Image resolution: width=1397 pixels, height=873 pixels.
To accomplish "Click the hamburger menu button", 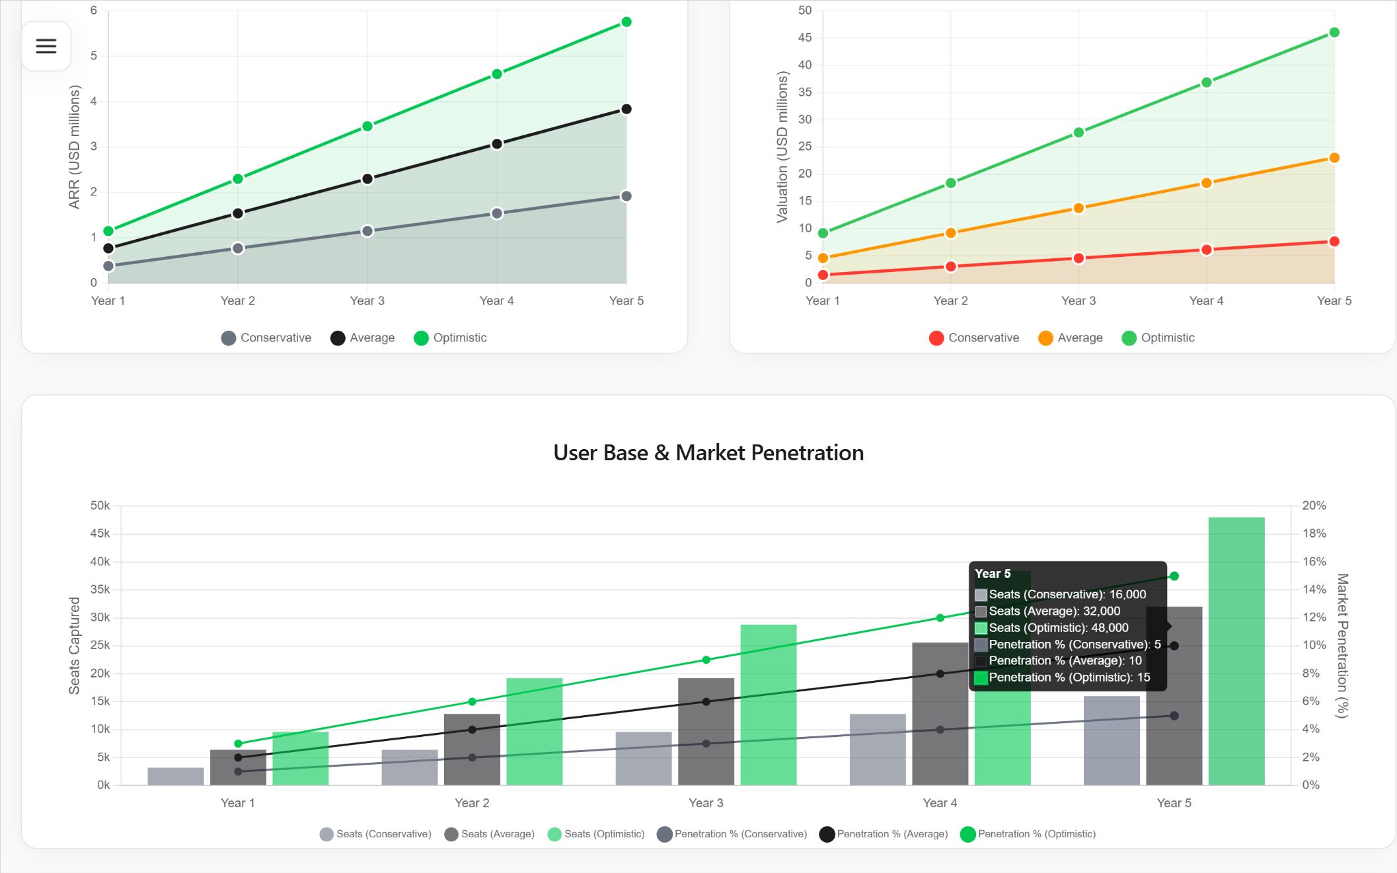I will pyautogui.click(x=46, y=46).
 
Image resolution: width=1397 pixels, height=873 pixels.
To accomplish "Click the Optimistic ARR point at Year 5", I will pyautogui.click(x=626, y=22).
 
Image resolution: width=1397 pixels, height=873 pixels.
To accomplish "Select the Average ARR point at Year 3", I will pyautogui.click(x=367, y=179).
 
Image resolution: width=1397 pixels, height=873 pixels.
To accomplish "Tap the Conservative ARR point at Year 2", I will pyautogui.click(x=238, y=248).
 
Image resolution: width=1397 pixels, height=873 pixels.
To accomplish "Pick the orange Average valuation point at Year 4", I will pyautogui.click(x=1207, y=183).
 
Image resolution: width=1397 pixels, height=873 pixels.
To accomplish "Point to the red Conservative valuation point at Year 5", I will pyautogui.click(x=1334, y=242).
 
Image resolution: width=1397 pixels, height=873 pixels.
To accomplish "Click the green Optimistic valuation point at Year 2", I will pyautogui.click(x=951, y=183).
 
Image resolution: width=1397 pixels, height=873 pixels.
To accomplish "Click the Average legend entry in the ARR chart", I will pyautogui.click(x=363, y=338).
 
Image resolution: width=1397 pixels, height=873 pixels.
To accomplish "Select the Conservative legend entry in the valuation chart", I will pyautogui.click(x=974, y=338).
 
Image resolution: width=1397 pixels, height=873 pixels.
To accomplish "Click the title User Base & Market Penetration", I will pyautogui.click(x=708, y=453).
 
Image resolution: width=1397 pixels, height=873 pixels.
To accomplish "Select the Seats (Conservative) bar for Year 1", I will pyautogui.click(x=176, y=777).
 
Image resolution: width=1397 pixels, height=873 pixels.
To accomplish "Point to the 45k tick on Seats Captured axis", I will pyautogui.click(x=100, y=534).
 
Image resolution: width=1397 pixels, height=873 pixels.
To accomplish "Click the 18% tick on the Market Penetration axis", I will pyautogui.click(x=1314, y=534).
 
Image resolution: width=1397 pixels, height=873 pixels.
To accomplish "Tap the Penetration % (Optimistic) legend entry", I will pyautogui.click(x=1028, y=834).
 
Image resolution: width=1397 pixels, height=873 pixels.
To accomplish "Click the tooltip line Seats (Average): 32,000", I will pyautogui.click(x=1054, y=611).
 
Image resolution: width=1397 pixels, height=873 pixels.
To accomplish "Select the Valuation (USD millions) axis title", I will pyautogui.click(x=782, y=147).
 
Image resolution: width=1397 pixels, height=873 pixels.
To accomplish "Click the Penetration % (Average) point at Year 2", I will pyautogui.click(x=472, y=730).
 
